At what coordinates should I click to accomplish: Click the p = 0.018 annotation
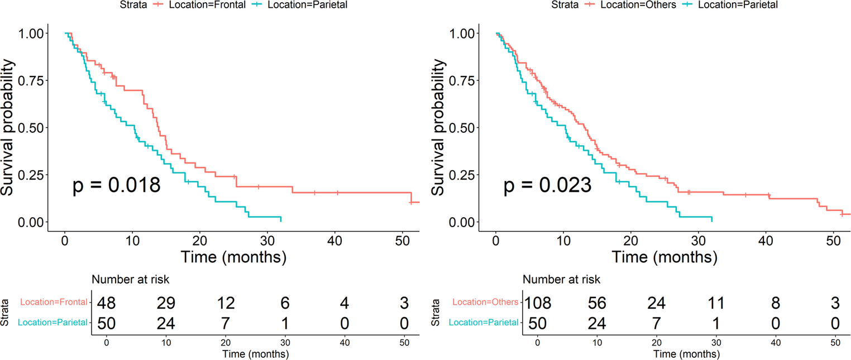click(117, 185)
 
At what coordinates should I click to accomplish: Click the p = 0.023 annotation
click(547, 185)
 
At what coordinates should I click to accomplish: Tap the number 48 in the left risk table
click(106, 303)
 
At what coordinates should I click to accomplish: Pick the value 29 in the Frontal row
click(165, 303)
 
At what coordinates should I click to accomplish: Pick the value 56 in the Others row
click(596, 303)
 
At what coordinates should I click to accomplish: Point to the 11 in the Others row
click(714, 303)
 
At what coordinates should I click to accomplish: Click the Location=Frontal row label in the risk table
click(54, 303)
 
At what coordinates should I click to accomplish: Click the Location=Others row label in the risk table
click(486, 303)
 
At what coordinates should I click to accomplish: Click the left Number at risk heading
click(130, 280)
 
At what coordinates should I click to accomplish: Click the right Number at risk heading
click(562, 280)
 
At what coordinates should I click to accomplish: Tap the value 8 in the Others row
click(774, 303)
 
